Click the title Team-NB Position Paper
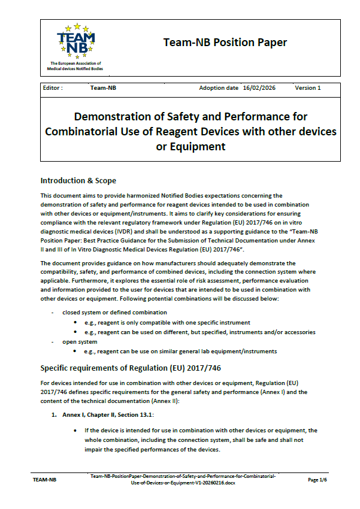(225, 43)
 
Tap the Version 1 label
(307, 88)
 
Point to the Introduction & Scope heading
(78, 180)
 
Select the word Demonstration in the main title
(123, 116)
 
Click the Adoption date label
(219, 88)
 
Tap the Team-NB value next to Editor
(103, 88)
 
